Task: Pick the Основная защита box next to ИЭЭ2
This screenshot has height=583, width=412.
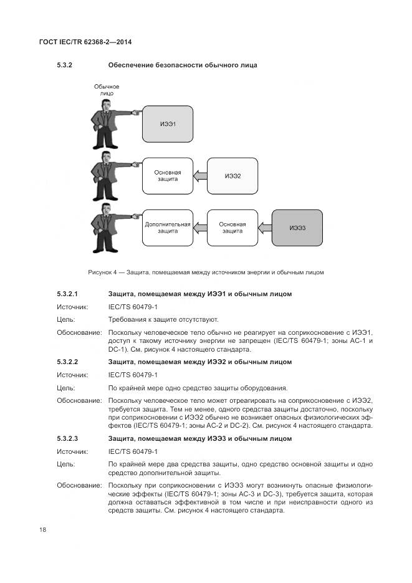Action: coord(168,176)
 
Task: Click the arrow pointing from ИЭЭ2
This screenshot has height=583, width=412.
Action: coord(199,176)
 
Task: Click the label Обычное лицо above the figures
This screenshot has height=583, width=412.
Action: coord(106,90)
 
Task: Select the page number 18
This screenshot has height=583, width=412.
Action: coord(43,530)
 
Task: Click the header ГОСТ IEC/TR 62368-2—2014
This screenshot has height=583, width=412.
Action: coord(85,42)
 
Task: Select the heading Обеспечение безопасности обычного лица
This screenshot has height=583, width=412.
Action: coord(183,65)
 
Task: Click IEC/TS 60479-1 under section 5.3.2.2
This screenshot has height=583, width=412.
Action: coord(133,375)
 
